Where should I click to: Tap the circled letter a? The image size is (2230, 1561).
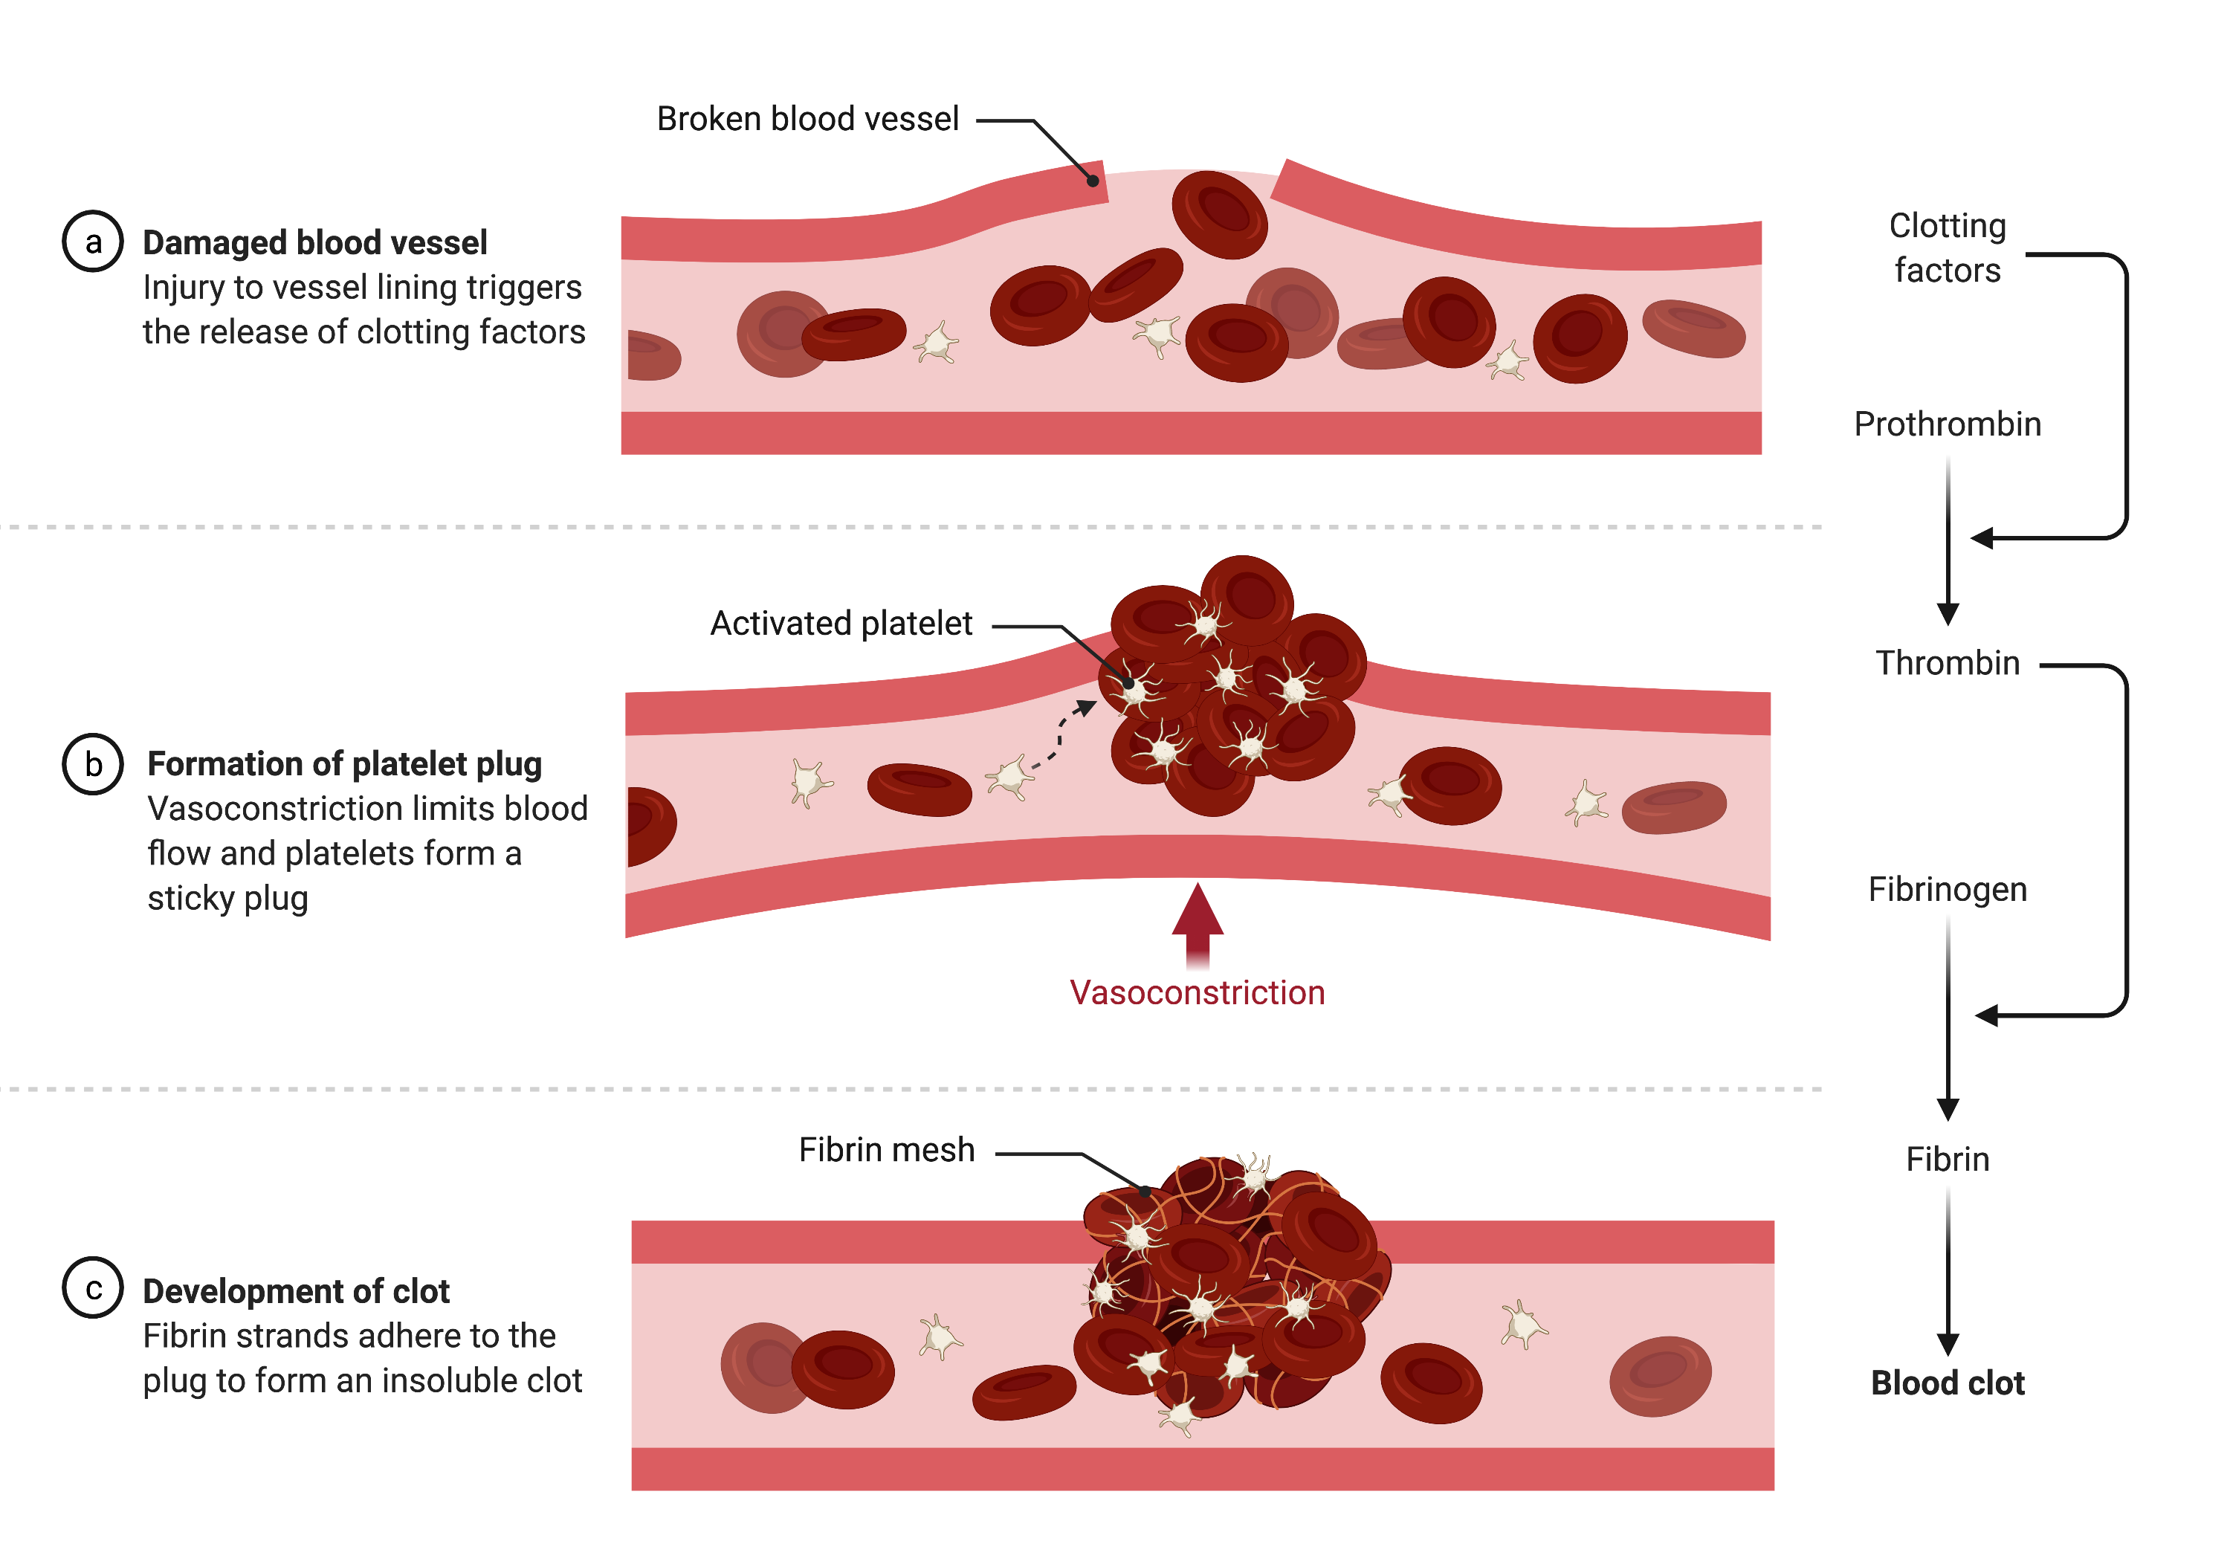pyautogui.click(x=92, y=242)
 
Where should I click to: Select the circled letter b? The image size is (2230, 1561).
pyautogui.click(x=92, y=764)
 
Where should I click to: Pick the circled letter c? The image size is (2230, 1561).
pyautogui.click(x=92, y=1288)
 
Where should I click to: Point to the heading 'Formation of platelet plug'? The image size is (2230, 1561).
pyautogui.click(x=344, y=764)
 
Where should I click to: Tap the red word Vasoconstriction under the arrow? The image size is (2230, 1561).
pyautogui.click(x=1197, y=993)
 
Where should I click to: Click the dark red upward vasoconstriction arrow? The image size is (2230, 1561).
pyautogui.click(x=1198, y=922)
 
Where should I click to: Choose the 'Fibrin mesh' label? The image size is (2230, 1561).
pyautogui.click(x=886, y=1150)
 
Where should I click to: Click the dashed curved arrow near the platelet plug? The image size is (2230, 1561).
pyautogui.click(x=1061, y=738)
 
